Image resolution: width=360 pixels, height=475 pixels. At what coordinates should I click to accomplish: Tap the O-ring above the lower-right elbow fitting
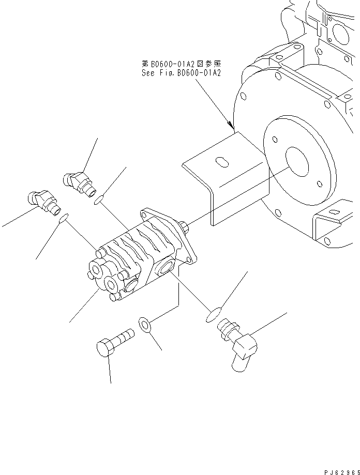click(213, 315)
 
